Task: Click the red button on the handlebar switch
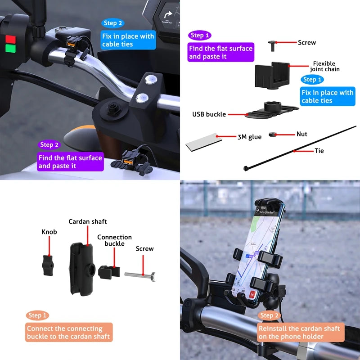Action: point(9,36)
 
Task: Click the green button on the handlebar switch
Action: point(9,48)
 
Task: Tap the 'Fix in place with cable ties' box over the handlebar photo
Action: point(128,40)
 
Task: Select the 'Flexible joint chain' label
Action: point(324,66)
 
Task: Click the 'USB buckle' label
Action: point(209,114)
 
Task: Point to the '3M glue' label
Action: point(249,137)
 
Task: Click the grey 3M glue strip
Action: point(202,142)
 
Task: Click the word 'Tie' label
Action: point(319,151)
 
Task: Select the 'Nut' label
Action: point(302,134)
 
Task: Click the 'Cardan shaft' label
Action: point(88,221)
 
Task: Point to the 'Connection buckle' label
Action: point(114,240)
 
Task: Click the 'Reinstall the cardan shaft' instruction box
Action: point(299,333)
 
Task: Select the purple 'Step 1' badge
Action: point(200,35)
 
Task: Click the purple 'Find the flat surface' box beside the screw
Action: point(220,52)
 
